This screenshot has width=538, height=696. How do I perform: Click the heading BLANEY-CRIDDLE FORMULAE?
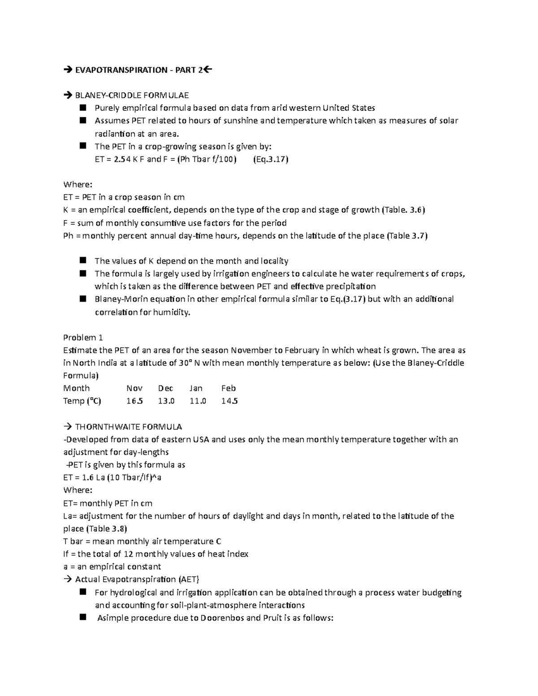pyautogui.click(x=132, y=95)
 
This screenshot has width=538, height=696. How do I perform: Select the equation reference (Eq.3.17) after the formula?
pyautogui.click(x=271, y=159)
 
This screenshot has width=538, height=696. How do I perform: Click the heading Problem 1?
pyautogui.click(x=83, y=337)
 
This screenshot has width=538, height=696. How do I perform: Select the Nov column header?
pyautogui.click(x=134, y=388)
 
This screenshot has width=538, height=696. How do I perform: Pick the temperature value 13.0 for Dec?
pyautogui.click(x=166, y=401)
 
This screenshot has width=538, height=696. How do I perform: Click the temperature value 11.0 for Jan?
pyautogui.click(x=198, y=401)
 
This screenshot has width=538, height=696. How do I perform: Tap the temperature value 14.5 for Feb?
pyautogui.click(x=230, y=401)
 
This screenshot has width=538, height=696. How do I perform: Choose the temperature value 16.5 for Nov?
pyautogui.click(x=134, y=401)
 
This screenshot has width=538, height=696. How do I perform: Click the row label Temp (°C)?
pyautogui.click(x=82, y=401)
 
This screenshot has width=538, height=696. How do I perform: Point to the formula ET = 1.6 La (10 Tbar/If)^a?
pyautogui.click(x=112, y=477)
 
